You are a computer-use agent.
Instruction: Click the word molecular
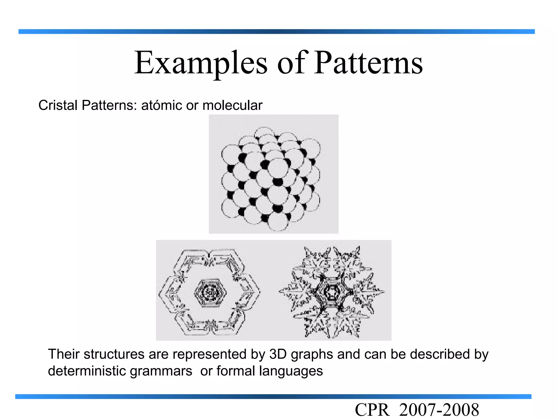(232, 105)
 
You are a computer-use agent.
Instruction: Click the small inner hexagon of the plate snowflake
(210, 293)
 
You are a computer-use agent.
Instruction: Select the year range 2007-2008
(439, 410)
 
